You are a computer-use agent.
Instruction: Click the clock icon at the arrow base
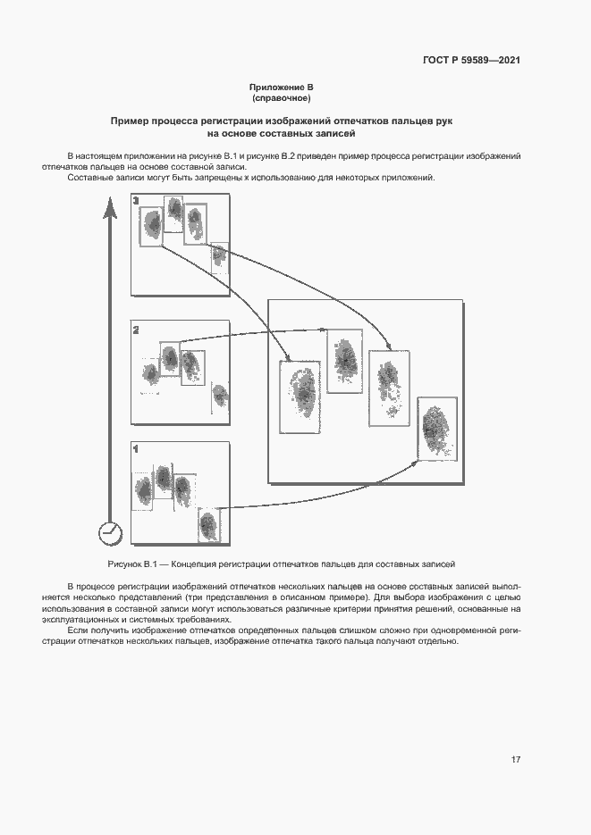coord(110,532)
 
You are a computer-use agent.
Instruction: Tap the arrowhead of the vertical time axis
coord(109,209)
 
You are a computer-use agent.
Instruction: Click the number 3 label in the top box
coord(136,202)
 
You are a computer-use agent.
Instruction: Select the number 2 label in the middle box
coord(136,330)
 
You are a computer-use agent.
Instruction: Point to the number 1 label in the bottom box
coord(136,449)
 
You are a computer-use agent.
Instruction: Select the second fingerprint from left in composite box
coord(345,360)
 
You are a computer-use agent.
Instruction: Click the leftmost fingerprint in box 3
coord(153,224)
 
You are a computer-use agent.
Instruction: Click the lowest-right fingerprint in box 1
coord(208,525)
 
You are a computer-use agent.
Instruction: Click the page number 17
coord(516,760)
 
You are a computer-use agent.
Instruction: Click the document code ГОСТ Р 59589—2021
coord(471,61)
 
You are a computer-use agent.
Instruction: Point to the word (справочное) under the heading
coord(282,98)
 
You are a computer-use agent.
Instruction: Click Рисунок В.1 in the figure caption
coord(132,564)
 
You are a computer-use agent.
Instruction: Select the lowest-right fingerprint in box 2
coord(218,394)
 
